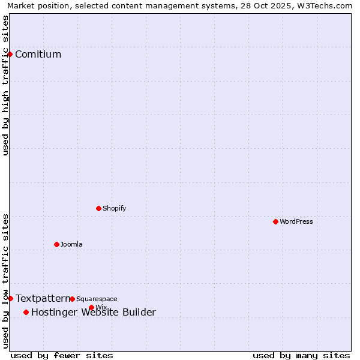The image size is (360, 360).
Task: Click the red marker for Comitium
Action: coord(10,54)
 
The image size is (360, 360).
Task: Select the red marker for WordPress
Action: coord(275,221)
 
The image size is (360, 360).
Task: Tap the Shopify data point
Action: coord(98,208)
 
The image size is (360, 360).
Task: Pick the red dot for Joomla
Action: coord(56,244)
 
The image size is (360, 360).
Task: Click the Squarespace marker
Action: coord(72,299)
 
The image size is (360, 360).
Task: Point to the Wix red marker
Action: coord(91,307)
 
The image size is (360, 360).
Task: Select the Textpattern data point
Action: coord(10,298)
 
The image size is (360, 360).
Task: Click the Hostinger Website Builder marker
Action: coord(26,312)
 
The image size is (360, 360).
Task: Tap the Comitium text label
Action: coord(38,55)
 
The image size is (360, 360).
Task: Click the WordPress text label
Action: coord(296,221)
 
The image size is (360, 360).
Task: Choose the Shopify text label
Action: coord(114,208)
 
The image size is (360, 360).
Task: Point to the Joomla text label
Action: coord(71,244)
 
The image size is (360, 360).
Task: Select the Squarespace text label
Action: coord(97,299)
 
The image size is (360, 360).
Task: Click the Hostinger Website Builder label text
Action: coord(93,312)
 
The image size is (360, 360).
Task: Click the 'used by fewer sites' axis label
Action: coord(62,355)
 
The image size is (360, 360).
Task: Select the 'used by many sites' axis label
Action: coord(301,355)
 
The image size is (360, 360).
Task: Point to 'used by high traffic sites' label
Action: coord(5,85)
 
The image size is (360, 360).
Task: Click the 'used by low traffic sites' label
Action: coord(5,281)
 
